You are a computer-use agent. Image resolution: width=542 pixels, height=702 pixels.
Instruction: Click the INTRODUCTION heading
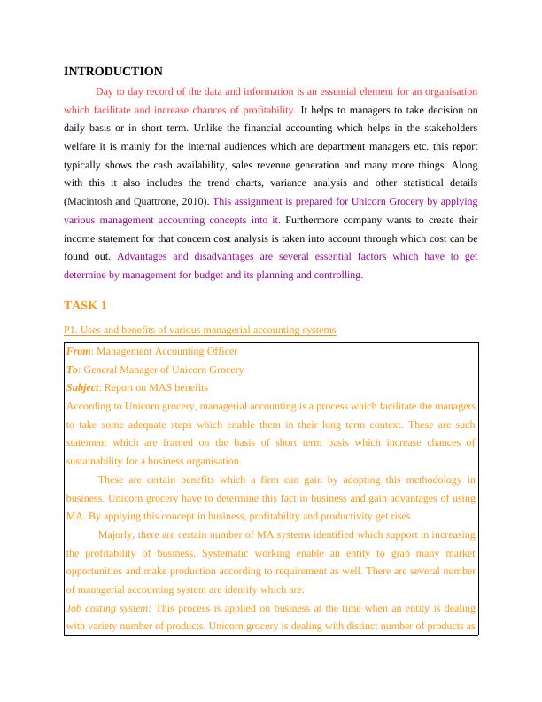coord(113,71)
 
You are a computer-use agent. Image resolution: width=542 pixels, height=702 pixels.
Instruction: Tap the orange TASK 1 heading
coord(85,306)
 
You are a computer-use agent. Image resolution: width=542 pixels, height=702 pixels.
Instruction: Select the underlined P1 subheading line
coord(200,331)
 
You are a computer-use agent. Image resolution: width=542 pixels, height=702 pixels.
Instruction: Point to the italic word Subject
coord(84,387)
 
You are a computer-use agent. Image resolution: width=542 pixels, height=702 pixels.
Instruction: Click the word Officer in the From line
coord(221,351)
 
